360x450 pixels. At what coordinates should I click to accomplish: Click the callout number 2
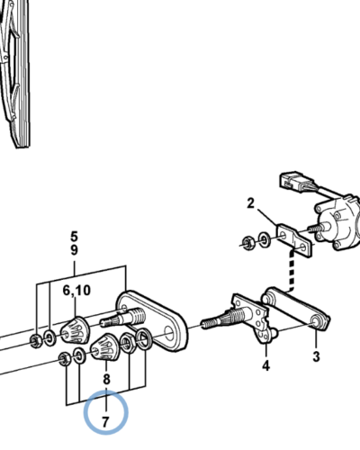pos(251,203)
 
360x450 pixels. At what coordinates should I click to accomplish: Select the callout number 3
pos(316,356)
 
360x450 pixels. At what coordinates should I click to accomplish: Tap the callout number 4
pos(265,365)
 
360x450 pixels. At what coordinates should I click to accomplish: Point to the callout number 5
pos(74,237)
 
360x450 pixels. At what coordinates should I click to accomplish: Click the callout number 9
pos(74,249)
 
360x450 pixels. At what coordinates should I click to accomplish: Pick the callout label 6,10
pos(76,291)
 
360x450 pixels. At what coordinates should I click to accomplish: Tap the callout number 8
pos(106,379)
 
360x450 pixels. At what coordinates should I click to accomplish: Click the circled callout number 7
pos(105,422)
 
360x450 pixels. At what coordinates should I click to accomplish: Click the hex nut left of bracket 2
pos(248,242)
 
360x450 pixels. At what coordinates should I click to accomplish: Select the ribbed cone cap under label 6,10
pos(75,329)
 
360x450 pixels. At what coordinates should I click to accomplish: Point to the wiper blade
pos(14,74)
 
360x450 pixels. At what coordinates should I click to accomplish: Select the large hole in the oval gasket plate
pos(169,334)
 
